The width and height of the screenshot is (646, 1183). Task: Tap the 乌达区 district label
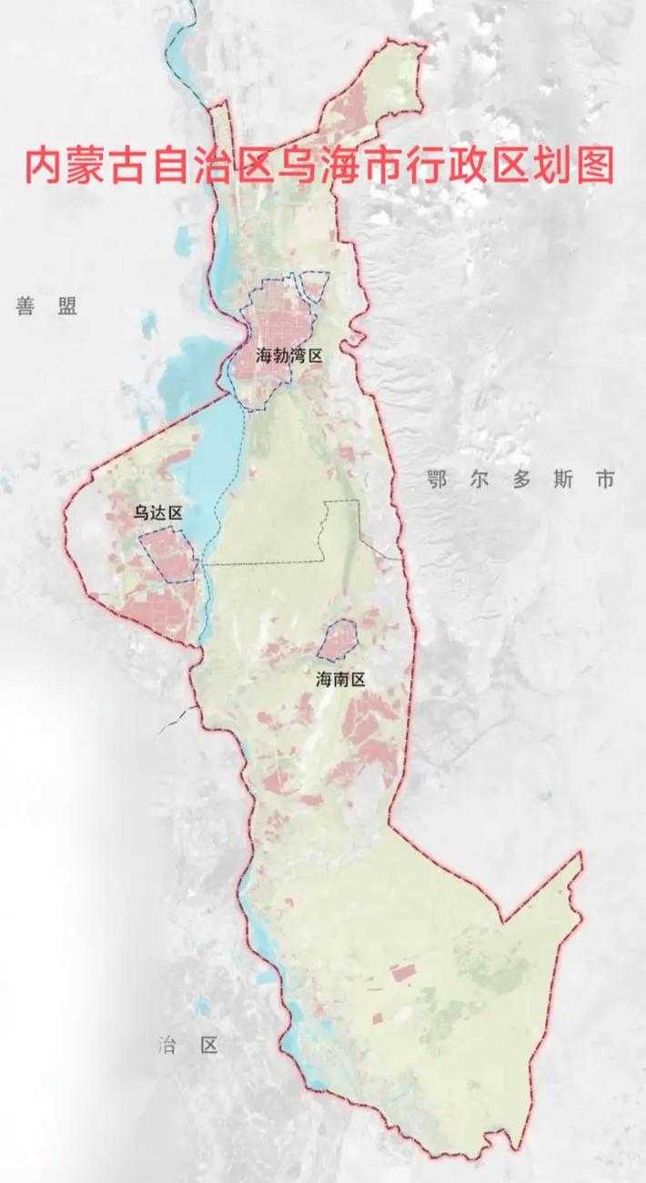click(158, 513)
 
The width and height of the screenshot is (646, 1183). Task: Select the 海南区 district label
click(340, 679)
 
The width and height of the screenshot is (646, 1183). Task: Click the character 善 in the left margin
click(25, 306)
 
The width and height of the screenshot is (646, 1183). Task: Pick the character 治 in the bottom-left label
click(166, 1045)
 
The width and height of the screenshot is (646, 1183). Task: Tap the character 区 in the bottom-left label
click(209, 1045)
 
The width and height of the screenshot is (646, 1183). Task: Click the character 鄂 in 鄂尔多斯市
click(438, 480)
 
